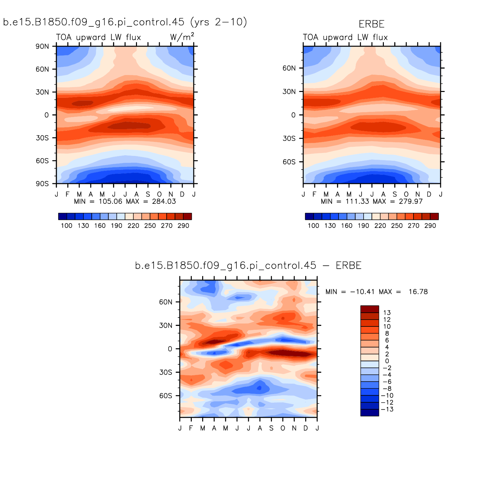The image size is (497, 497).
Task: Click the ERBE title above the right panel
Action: coord(371,24)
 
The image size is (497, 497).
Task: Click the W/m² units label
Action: coord(182,37)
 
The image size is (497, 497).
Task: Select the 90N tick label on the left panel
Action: coord(42,46)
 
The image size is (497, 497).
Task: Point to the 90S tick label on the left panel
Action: coord(42,184)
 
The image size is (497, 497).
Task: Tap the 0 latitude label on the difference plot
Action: coord(170,349)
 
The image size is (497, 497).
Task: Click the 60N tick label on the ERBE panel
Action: coord(289,68)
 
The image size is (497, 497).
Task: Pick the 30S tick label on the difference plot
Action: coord(166,372)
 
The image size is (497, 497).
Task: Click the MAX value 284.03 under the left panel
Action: coord(164,202)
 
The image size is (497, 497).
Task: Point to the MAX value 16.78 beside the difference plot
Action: coord(418,292)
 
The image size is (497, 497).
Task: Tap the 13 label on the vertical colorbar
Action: coord(387,313)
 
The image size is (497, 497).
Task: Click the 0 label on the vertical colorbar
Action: coord(387,361)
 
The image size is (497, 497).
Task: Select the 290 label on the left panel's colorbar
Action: coord(183,226)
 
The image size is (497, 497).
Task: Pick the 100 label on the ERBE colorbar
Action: coord(313,226)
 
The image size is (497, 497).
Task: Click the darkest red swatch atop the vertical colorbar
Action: coord(369,309)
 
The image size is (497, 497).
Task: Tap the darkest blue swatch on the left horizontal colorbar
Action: coord(63,217)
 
